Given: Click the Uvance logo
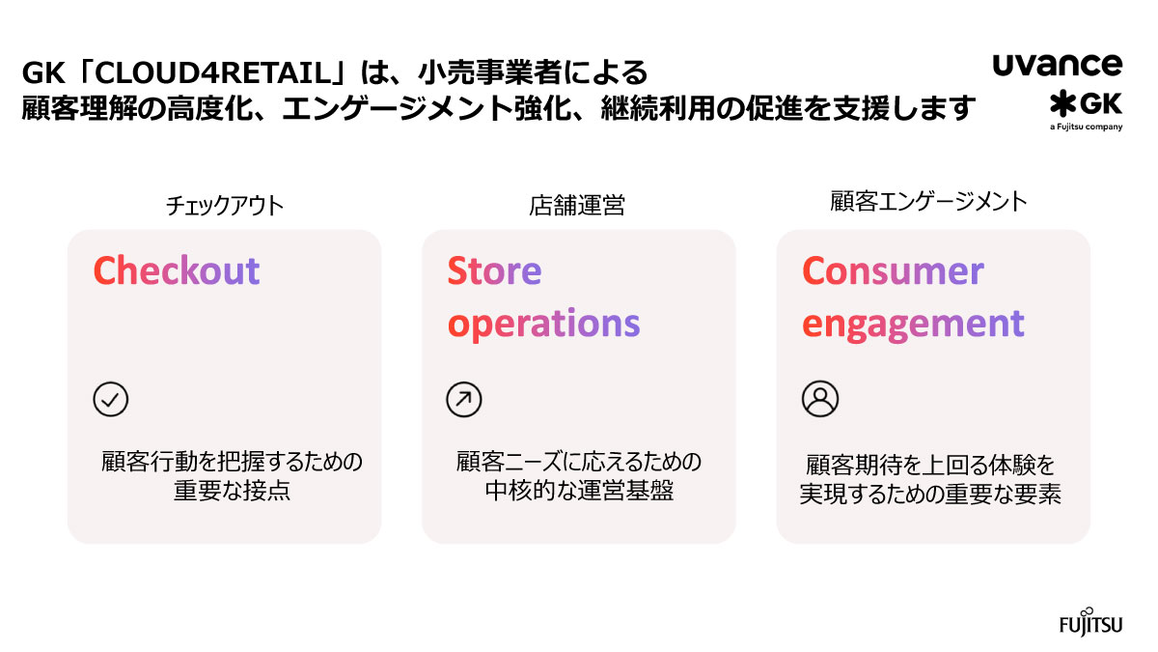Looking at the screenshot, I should click(1057, 66).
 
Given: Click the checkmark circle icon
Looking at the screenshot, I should click(111, 399).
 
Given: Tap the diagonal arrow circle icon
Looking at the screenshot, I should click(463, 399).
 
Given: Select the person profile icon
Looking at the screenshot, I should click(820, 398).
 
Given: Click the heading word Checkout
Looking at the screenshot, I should click(177, 271).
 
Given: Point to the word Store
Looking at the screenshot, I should click(494, 271).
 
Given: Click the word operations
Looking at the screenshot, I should click(544, 325).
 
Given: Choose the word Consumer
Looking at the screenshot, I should click(893, 271).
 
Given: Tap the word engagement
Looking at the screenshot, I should click(913, 325).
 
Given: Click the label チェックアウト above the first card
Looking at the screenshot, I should click(225, 205).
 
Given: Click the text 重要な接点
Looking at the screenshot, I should click(232, 491).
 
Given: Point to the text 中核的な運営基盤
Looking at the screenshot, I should click(579, 491).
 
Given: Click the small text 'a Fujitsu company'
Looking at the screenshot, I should click(1086, 127).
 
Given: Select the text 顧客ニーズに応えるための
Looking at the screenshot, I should click(579, 461).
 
